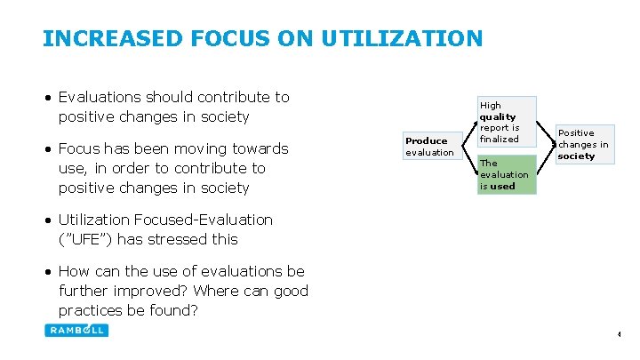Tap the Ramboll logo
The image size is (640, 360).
(76, 330)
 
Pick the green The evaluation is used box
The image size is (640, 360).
(507, 174)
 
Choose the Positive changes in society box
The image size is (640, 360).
(583, 144)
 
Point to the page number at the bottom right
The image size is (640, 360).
(619, 335)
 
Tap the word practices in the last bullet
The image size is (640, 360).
(97, 310)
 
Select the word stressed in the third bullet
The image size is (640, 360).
(180, 239)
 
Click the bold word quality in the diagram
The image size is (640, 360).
(497, 116)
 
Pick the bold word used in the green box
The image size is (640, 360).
(502, 187)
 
